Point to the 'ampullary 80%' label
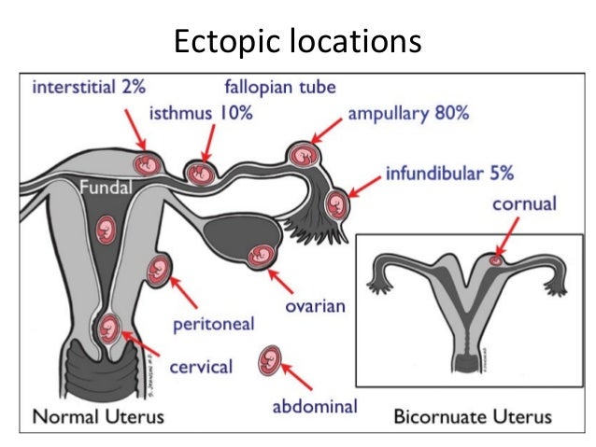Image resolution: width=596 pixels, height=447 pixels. click(x=408, y=115)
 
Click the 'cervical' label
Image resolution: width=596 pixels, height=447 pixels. click(x=200, y=366)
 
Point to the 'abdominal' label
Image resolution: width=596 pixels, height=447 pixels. click(x=315, y=406)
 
